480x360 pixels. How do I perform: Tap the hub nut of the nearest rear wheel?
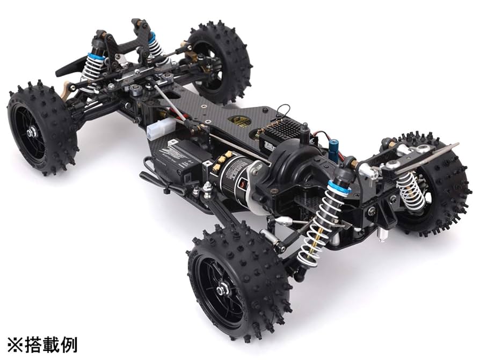[222, 290]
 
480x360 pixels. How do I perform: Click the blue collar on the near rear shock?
[339, 188]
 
